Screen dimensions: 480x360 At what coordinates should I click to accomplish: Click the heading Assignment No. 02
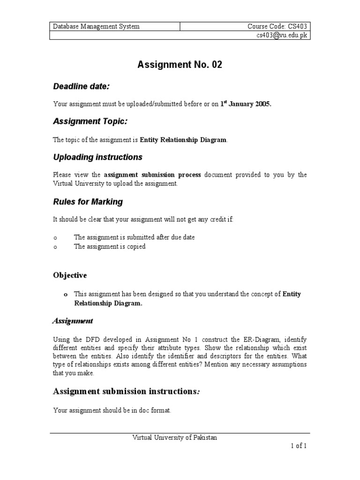pos(180,65)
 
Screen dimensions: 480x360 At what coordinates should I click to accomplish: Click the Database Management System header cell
pos(96,27)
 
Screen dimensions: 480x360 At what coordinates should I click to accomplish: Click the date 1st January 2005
pos(246,104)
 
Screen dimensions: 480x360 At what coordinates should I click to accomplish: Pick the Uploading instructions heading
pos(97,157)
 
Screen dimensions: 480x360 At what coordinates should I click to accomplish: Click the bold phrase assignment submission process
pos(152,175)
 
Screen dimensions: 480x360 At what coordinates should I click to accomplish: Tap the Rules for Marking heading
pos(88,202)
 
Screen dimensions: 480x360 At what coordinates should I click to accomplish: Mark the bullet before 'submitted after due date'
pos(55,238)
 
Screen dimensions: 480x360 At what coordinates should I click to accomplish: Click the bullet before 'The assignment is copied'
pos(55,247)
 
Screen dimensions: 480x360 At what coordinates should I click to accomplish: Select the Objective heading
pos(70,275)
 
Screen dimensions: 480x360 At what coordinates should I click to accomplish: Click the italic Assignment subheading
pos(72,321)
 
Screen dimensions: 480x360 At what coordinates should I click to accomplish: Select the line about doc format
pos(112,411)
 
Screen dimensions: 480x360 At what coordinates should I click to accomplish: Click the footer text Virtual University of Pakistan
pos(174,437)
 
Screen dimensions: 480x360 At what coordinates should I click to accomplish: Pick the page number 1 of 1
pos(298,446)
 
